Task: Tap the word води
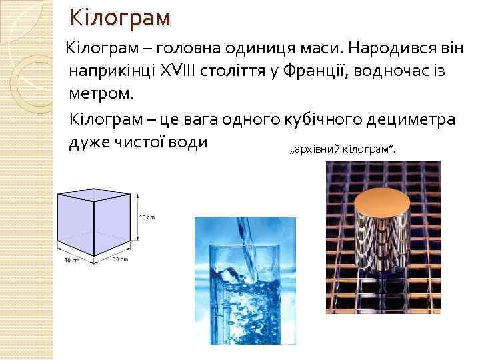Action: tap(189, 142)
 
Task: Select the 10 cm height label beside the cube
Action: tap(147, 217)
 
